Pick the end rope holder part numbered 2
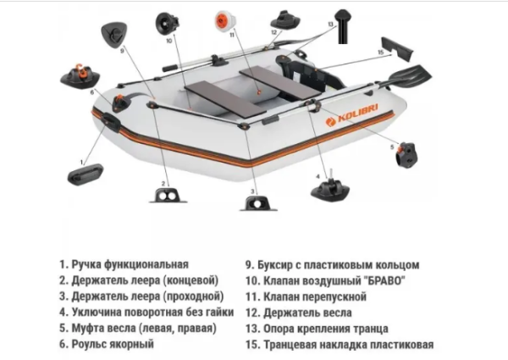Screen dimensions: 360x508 coord(164,196)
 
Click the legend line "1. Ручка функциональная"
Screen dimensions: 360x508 coord(124,264)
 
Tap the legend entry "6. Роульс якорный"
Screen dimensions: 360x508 coord(107,345)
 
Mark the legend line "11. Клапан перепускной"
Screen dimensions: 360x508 coord(306,296)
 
